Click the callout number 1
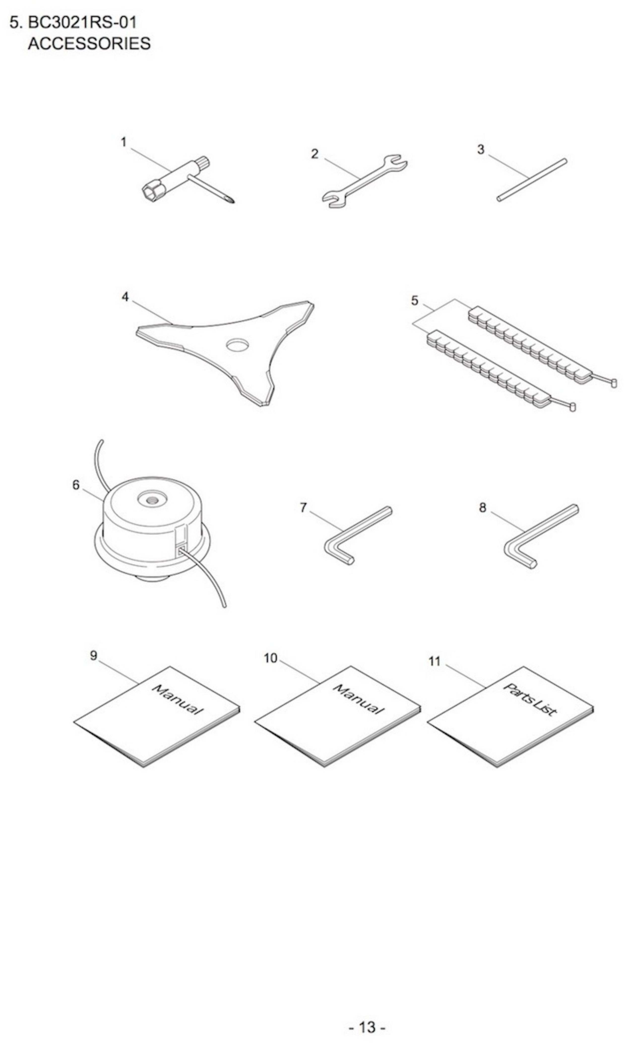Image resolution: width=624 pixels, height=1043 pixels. pos(124,143)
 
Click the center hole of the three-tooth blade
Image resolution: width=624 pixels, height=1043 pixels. pos(237,345)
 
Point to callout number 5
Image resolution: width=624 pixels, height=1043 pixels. pos(415,300)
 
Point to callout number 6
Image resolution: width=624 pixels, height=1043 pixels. pos(76,485)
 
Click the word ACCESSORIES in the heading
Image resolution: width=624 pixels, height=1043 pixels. pos(89,44)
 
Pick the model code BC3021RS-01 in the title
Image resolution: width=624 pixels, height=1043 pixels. pos(82,22)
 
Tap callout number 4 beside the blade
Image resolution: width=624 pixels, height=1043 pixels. pos(125,297)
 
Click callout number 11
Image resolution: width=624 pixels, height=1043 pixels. pos(434,662)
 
